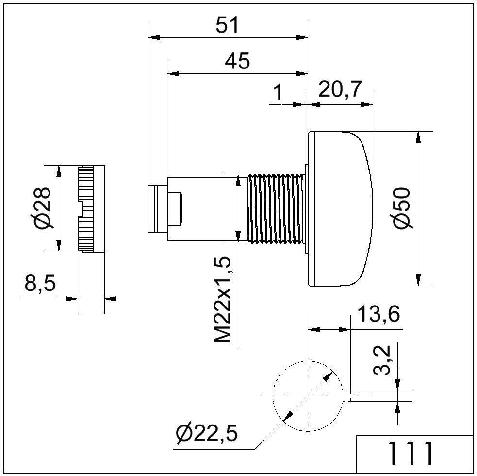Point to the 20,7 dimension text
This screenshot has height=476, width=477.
[340, 89]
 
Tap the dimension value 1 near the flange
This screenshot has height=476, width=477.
[278, 93]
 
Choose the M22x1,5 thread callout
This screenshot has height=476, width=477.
[223, 300]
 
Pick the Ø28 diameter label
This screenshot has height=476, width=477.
[43, 208]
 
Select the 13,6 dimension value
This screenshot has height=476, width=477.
[378, 314]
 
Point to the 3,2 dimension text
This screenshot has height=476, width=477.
[382, 360]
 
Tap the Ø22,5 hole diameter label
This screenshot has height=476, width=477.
[206, 433]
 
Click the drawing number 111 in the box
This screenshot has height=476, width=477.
[411, 454]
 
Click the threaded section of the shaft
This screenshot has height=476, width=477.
[276, 209]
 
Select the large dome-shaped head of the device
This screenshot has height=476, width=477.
[340, 209]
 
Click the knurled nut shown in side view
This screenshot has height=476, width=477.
[91, 208]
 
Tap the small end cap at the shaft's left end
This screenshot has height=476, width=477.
[157, 209]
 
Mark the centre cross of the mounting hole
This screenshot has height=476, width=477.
[308, 396]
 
